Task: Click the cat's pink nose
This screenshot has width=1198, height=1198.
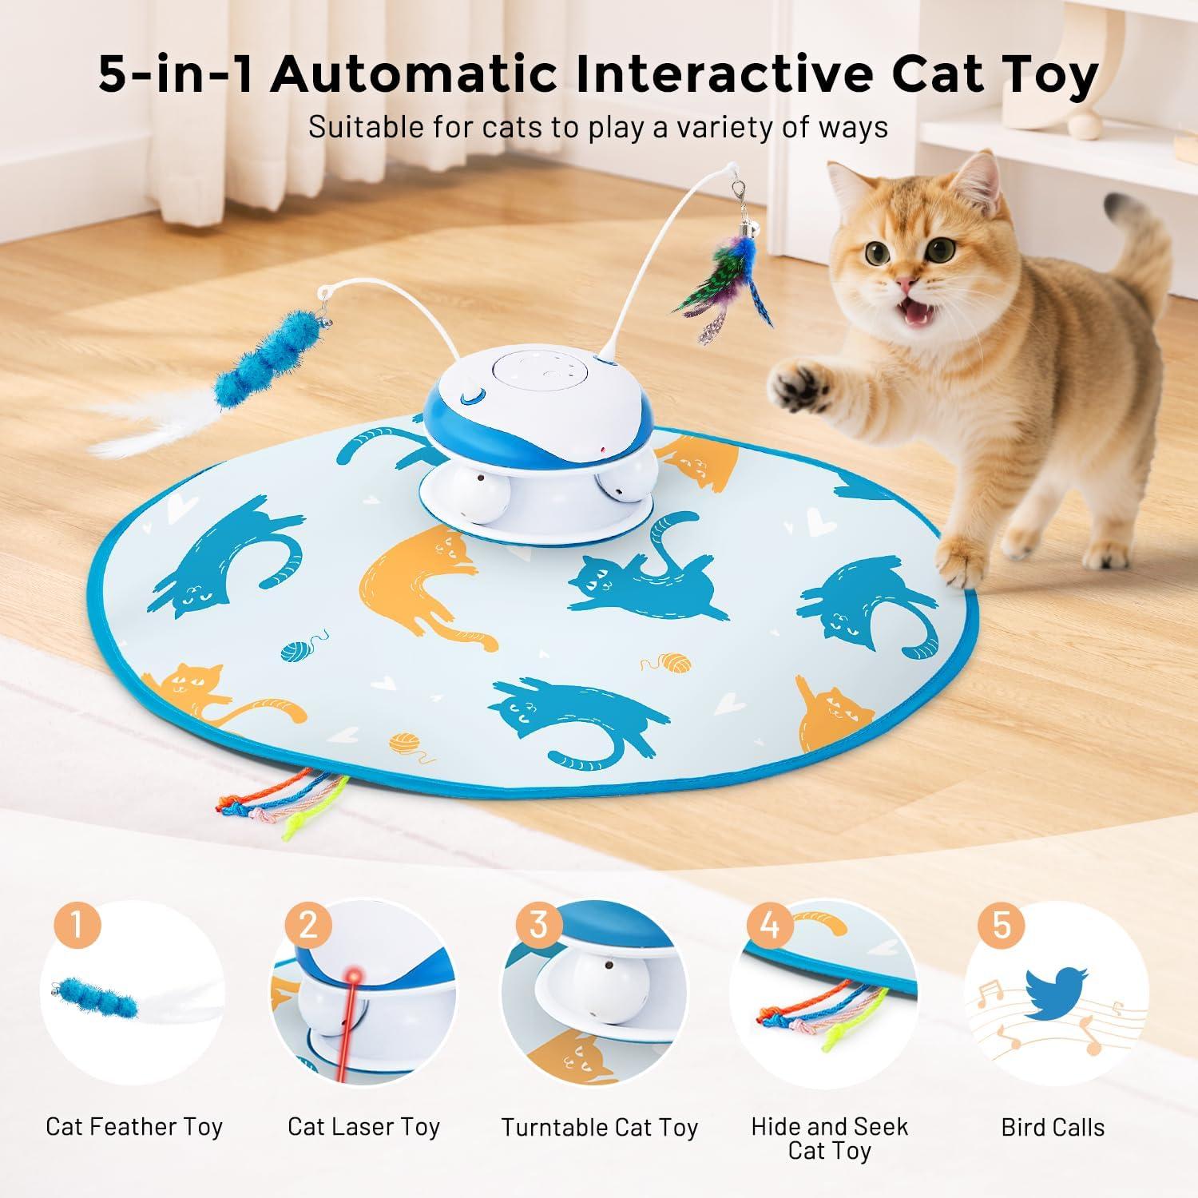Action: click(904, 284)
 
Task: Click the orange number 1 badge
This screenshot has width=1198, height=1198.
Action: click(77, 925)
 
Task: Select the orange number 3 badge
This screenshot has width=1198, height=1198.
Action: click(538, 925)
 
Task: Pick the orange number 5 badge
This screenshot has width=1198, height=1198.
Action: click(1001, 925)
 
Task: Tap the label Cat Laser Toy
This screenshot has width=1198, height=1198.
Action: click(363, 1127)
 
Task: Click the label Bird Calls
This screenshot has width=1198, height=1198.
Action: click(1053, 1127)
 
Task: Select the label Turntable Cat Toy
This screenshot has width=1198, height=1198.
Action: click(599, 1127)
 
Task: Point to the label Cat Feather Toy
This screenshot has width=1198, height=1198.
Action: click(133, 1127)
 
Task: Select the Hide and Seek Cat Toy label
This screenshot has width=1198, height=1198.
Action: click(829, 1138)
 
